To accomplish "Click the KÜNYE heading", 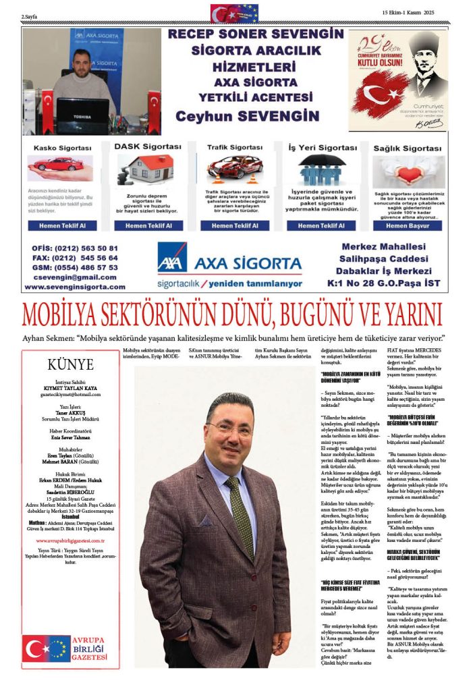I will point(70,365).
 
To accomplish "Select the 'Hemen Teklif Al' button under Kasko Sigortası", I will point(61,225).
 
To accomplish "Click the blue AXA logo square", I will point(172,257).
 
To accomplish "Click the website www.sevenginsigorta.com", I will point(75,287).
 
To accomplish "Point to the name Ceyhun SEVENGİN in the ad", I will point(247,115).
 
